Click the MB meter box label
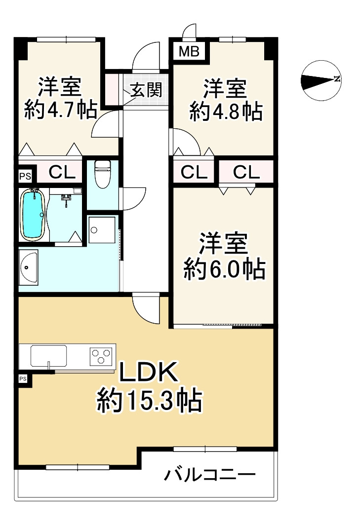point(189,51)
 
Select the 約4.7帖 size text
point(60,111)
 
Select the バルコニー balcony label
point(210,476)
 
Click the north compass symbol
point(321,79)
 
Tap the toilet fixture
point(103,175)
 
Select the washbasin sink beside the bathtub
point(28,268)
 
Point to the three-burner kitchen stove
point(101,356)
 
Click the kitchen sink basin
point(48,356)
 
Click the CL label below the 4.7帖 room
point(63,173)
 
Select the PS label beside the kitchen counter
point(23,379)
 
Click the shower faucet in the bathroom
point(65,199)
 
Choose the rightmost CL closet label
point(246,173)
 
